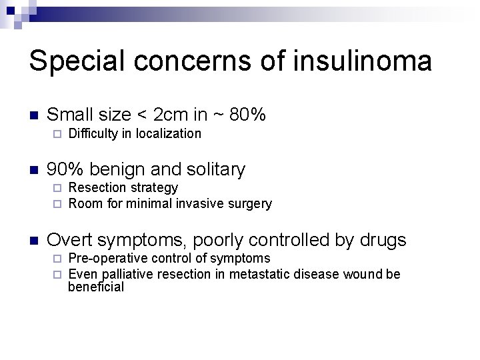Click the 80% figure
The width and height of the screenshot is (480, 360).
point(247,115)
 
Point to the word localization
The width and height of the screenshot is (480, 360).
point(168,133)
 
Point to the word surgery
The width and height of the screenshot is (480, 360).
point(250,204)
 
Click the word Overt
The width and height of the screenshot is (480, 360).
point(70,240)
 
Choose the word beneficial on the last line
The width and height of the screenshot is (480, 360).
point(96,287)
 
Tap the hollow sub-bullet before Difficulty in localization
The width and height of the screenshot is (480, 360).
point(57,134)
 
